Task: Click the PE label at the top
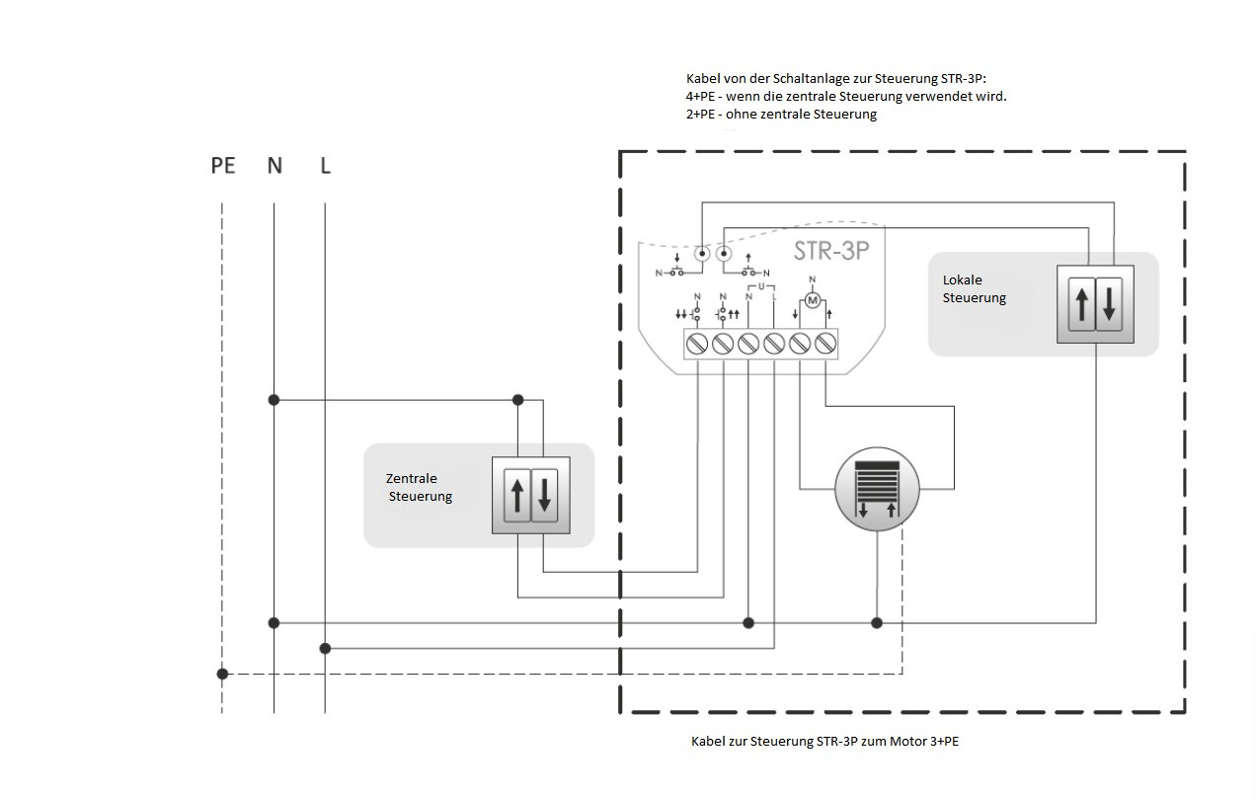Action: [223, 166]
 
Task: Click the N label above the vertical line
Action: [275, 166]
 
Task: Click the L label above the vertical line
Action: [326, 166]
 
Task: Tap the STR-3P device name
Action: [831, 251]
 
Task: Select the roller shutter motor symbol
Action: [877, 488]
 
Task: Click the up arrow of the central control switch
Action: [516, 495]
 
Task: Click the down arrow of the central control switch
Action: [544, 495]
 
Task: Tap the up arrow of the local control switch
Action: [1082, 303]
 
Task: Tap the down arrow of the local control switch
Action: [1109, 303]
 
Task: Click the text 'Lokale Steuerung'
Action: [974, 288]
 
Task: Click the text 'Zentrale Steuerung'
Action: [419, 487]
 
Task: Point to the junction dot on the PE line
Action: [223, 674]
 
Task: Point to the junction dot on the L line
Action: [326, 648]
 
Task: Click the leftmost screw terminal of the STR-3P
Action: [697, 343]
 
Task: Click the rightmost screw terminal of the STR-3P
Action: [825, 343]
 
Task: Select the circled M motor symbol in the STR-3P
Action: [813, 298]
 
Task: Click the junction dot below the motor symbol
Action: [877, 622]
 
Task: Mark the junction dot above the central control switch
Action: [517, 400]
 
